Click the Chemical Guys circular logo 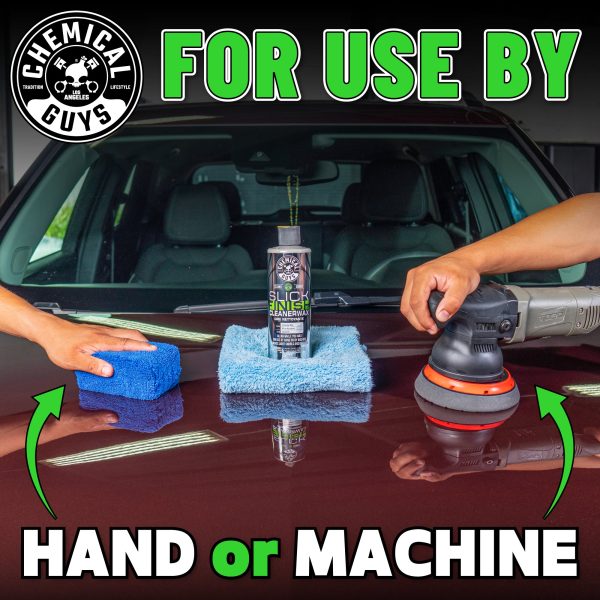pos(77,76)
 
